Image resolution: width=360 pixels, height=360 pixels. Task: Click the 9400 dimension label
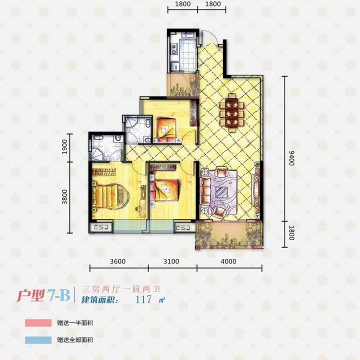click(291, 157)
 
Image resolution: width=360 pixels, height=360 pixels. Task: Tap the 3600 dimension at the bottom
click(118, 261)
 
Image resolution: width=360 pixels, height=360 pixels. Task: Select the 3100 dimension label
click(171, 261)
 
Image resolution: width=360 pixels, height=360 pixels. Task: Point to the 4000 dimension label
click(228, 261)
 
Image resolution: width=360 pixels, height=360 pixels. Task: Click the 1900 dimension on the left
click(64, 146)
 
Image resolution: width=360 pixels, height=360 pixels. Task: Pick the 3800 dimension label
click(64, 196)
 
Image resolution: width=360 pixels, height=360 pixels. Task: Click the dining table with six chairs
click(232, 113)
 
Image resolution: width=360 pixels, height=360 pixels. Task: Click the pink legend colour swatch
click(38, 322)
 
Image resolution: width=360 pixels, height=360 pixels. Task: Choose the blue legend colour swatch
click(38, 340)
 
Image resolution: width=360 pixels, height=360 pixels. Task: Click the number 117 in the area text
click(143, 299)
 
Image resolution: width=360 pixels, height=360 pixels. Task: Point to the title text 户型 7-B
click(43, 295)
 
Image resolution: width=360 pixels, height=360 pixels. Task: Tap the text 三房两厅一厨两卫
click(121, 289)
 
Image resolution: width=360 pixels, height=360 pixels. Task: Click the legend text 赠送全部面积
click(75, 340)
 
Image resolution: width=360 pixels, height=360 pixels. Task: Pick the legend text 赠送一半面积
click(75, 323)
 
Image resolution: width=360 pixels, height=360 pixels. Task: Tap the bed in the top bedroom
click(166, 130)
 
